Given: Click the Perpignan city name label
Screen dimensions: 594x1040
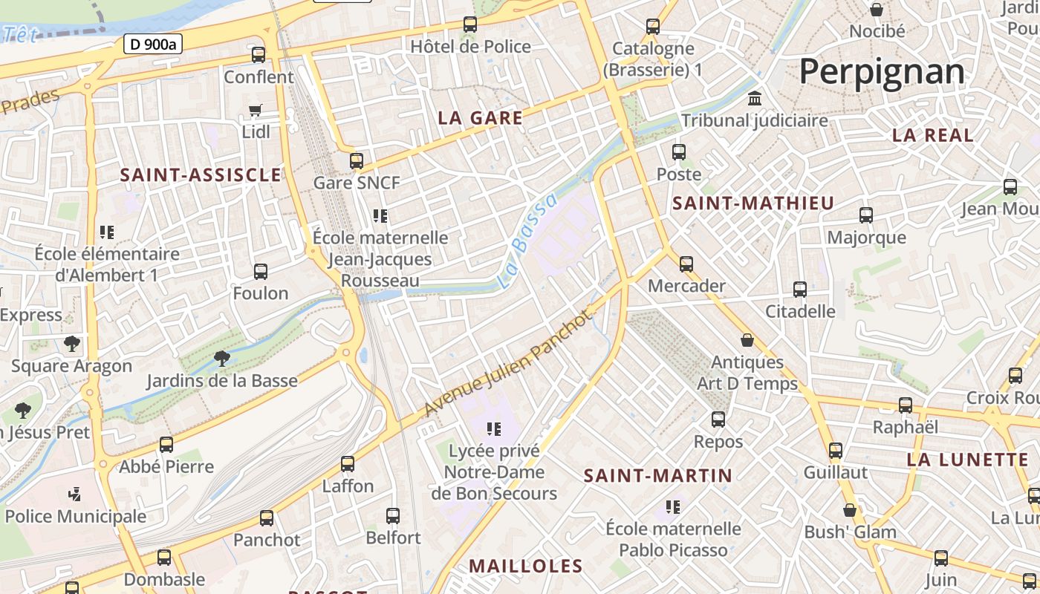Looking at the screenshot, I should point(882,72).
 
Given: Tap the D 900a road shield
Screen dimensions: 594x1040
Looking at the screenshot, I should point(152,44).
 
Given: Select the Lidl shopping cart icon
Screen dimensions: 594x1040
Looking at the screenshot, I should point(256,111).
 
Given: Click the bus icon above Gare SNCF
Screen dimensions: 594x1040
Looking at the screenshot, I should point(357,160).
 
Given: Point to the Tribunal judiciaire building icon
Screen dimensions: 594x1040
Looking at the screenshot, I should point(755,98).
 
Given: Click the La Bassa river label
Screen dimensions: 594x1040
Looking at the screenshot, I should point(527,241).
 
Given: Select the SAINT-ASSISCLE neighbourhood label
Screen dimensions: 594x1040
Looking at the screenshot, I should point(201,175).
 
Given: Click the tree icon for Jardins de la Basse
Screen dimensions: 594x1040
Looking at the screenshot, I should point(221,359).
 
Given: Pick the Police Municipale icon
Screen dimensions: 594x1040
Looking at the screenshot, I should point(74,494).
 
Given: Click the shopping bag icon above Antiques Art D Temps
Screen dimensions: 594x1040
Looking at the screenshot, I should point(747,340).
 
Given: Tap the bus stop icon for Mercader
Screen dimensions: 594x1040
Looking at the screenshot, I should point(686,264).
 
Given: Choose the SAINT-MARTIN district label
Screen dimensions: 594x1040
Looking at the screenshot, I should point(658,475).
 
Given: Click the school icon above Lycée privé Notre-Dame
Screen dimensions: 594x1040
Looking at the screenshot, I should point(493,428).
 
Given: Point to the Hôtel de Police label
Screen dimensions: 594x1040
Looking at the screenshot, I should point(470,47).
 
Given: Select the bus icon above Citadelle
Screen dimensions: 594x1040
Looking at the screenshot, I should point(800,289).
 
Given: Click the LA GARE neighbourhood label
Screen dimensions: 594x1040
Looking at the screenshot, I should point(480,118).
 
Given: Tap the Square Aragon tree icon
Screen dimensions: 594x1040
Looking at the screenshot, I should point(71,344).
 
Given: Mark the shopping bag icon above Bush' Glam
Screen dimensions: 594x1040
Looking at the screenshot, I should point(850,510).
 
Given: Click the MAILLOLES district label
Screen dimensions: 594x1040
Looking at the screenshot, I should point(526,566).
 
